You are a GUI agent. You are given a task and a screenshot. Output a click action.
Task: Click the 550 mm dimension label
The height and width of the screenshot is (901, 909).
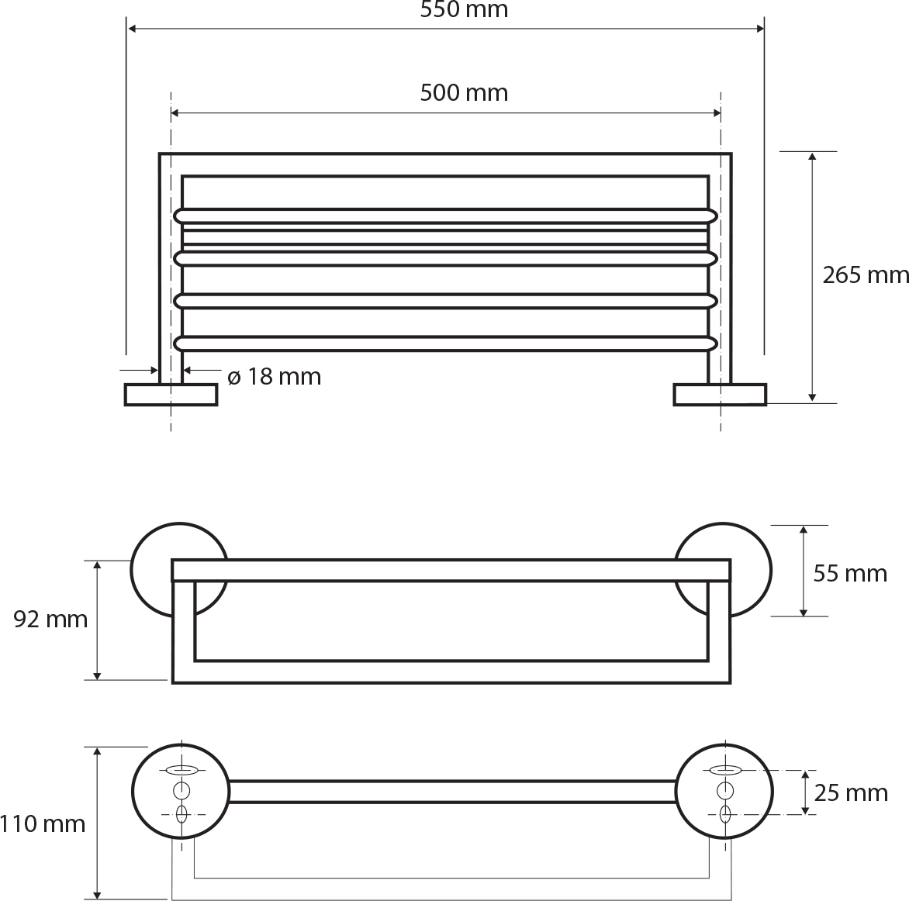[x=464, y=9]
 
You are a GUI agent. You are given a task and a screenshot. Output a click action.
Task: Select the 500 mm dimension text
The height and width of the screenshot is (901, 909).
[x=464, y=93]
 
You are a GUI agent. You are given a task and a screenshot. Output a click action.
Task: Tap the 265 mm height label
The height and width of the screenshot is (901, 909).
[x=866, y=274]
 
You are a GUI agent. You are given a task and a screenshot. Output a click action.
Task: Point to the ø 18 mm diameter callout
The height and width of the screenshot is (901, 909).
[x=275, y=377]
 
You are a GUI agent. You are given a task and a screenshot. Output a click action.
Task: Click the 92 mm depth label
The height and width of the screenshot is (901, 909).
[x=50, y=620]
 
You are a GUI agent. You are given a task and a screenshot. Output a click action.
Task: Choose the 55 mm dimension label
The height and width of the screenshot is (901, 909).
[x=850, y=574]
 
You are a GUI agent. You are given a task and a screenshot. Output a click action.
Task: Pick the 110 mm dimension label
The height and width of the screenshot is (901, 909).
[x=43, y=823]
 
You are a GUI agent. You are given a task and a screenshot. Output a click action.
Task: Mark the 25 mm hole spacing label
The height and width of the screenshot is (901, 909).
[x=851, y=792]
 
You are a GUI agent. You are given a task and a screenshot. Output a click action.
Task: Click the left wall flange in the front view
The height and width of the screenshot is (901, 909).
[x=171, y=395]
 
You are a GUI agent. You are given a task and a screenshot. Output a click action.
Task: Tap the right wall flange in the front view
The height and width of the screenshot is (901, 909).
[x=720, y=395]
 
